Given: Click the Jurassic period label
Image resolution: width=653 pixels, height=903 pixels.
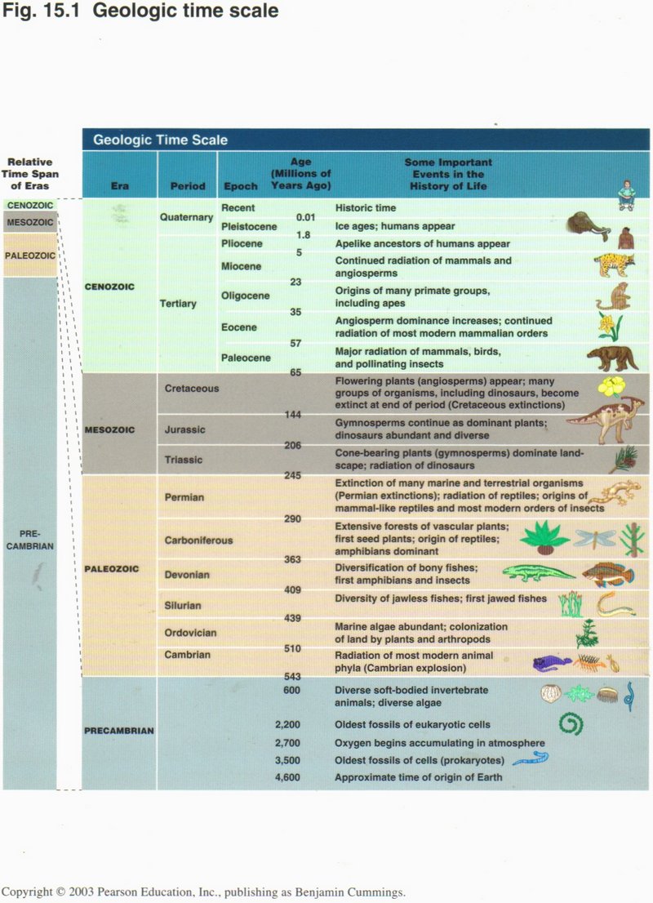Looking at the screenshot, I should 184,429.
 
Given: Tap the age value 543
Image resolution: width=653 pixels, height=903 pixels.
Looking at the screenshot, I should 293,677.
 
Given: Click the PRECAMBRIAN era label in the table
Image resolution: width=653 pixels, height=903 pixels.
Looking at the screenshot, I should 118,731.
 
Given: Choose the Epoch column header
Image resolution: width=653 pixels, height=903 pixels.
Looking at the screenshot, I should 241,186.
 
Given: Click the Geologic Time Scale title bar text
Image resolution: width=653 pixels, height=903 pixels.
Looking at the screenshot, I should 160,140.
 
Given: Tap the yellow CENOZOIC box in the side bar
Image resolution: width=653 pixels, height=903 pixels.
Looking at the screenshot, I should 29,205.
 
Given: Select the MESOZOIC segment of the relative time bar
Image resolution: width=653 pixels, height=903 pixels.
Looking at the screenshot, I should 29,222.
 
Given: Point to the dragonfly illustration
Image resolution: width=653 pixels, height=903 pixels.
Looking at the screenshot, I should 593,538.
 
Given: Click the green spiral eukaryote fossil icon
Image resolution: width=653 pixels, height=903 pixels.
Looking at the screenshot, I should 570,723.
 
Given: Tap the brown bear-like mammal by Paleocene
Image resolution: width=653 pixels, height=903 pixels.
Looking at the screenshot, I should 612,358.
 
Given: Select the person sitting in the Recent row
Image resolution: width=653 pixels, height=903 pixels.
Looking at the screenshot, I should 626,196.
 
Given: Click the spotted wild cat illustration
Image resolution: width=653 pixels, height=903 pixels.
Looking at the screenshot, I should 614,264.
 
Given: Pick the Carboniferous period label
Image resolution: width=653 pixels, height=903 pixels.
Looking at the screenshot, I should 198,540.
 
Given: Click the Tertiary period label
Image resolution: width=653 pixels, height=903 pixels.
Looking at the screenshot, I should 178,304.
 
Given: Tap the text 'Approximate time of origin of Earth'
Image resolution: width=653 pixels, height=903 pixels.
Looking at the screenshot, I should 418,777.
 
